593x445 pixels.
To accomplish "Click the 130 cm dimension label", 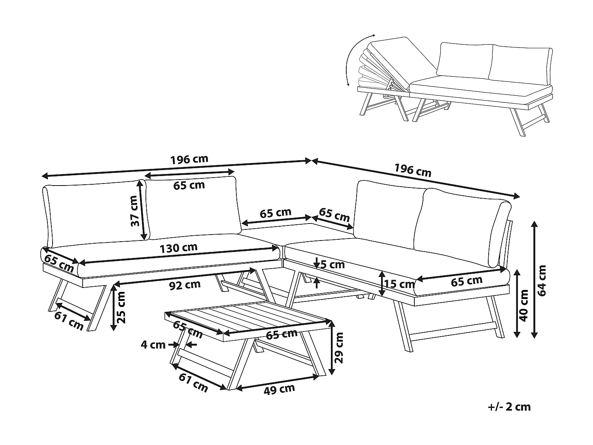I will click(x=178, y=248).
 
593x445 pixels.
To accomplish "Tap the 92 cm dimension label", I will click(x=185, y=285).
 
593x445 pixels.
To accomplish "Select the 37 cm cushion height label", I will click(x=136, y=216).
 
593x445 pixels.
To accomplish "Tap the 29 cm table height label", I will click(x=339, y=347).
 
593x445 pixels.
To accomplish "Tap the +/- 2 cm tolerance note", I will click(x=509, y=407).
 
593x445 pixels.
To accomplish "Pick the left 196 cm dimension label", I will click(x=189, y=159).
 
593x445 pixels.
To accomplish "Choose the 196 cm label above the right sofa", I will click(x=413, y=170).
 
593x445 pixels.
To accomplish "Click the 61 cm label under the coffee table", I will click(x=194, y=383).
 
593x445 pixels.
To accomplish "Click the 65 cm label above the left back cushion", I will click(x=189, y=185).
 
